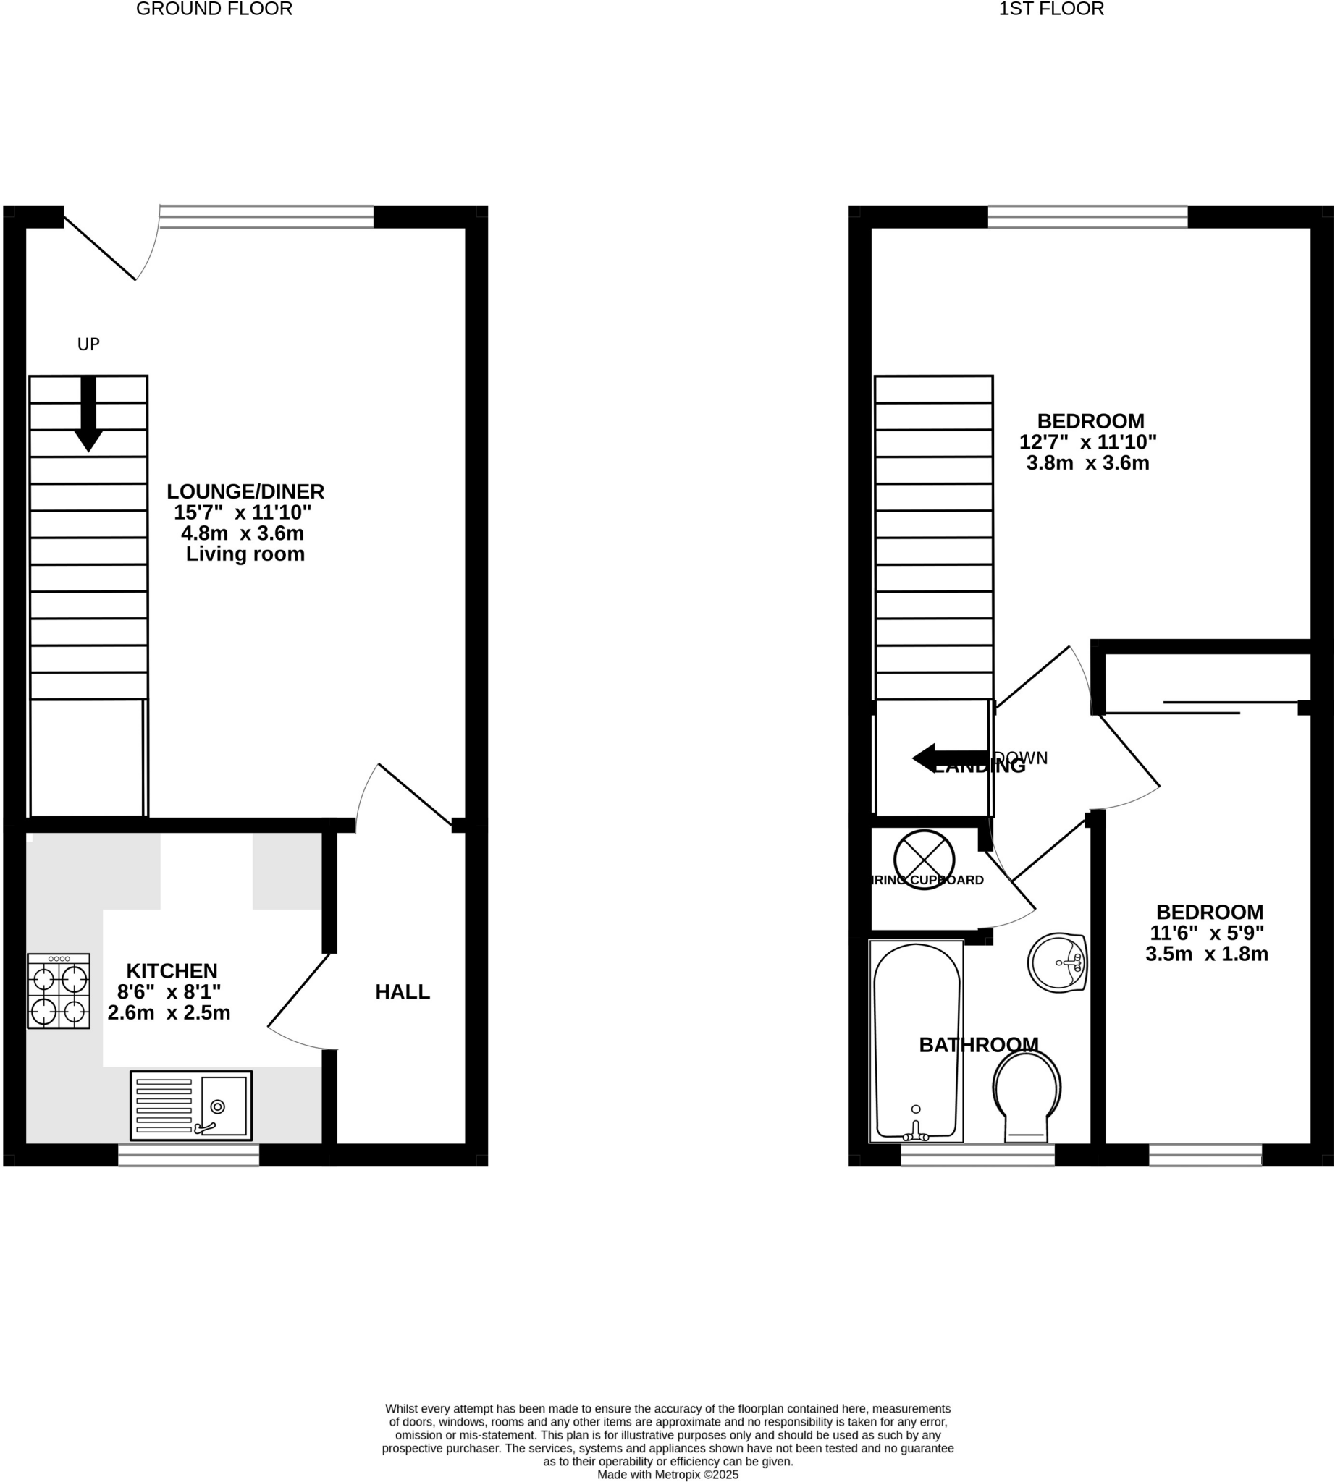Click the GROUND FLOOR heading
214,9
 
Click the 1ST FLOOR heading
1050,9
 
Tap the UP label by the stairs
88,344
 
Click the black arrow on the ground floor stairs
88,415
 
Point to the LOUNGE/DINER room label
245,491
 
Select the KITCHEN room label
172,971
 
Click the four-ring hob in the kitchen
59,991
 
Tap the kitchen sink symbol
191,1106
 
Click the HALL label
402,992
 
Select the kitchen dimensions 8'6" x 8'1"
169,992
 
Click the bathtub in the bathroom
916,1041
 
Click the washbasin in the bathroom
1057,963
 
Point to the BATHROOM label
979,1045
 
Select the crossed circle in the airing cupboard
924,860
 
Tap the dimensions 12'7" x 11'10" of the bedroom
1087,442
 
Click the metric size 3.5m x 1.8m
1207,954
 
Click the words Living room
245,554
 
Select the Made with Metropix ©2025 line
667,1475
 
